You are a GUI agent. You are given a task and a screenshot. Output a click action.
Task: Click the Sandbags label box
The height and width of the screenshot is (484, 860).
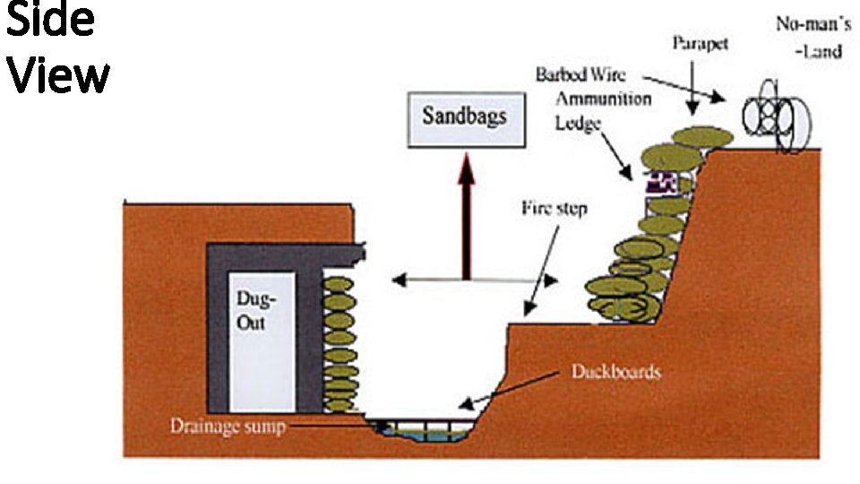465,117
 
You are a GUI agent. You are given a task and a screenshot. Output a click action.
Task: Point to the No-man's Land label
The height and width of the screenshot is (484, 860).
808,37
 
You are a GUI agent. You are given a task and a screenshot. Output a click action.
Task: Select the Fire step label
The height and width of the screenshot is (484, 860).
555,208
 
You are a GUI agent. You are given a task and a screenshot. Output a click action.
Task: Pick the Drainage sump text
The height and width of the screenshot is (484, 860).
228,426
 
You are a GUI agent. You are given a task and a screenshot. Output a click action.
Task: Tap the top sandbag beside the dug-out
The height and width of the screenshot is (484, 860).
338,285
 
